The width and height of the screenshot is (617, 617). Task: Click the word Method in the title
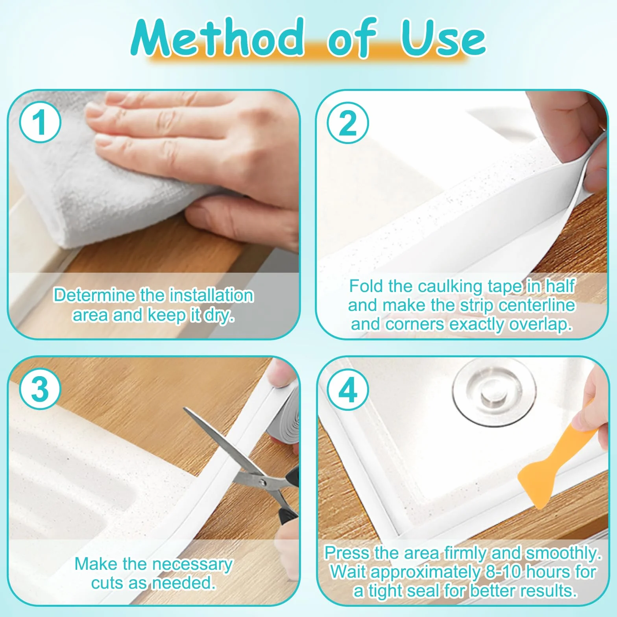(218, 38)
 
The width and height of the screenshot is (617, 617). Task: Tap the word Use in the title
(443, 38)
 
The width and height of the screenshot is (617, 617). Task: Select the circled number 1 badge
(40, 122)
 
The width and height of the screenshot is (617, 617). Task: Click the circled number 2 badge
(348, 123)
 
